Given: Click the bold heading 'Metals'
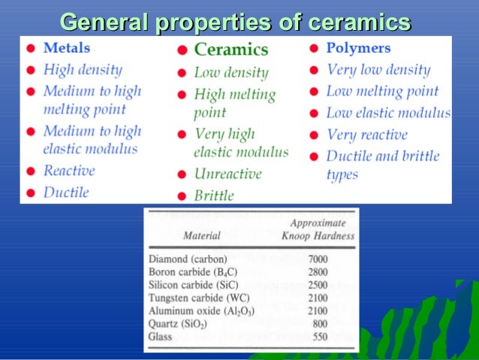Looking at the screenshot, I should [66, 47].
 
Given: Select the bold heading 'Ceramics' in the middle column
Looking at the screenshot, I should [230, 50].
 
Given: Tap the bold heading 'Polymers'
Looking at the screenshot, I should [358, 47].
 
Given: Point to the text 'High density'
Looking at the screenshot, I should [83, 70].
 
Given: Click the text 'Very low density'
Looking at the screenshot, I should [378, 70].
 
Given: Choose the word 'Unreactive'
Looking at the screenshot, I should [227, 174].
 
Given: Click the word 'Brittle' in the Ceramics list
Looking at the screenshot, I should [214, 195].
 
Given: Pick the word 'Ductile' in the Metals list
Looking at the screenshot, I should [66, 192].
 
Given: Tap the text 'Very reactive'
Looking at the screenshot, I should [367, 135].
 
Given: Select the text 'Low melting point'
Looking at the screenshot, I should [382, 92].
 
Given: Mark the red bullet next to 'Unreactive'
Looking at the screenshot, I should [182, 174].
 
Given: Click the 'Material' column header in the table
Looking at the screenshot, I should [202, 235].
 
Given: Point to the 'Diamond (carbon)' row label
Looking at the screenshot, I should [188, 259].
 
